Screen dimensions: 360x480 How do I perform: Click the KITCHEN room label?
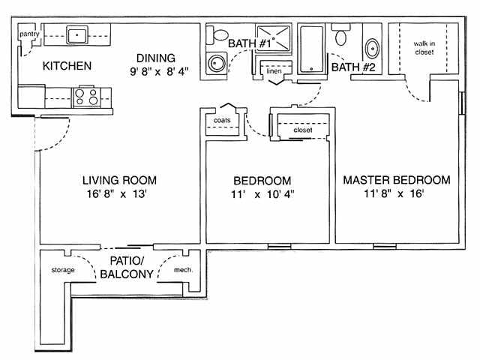click(x=67, y=66)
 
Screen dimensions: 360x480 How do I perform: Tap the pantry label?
click(x=29, y=34)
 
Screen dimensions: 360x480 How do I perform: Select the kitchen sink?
click(x=76, y=34)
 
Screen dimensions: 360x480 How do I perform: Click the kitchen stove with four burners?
click(x=85, y=97)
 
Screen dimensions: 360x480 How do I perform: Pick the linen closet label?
click(x=274, y=72)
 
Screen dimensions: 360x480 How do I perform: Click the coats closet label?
click(x=222, y=120)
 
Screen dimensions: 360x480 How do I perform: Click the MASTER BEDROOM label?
click(x=396, y=180)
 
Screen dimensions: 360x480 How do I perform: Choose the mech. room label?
click(x=184, y=269)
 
